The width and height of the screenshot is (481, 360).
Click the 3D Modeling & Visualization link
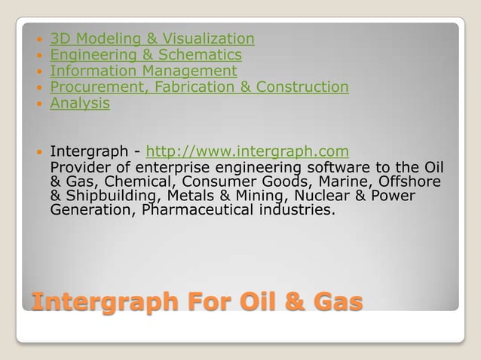click(152, 38)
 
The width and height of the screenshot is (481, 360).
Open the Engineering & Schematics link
click(146, 55)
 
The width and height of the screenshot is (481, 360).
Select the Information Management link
click(143, 71)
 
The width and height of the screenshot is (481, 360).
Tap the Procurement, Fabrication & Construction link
click(199, 87)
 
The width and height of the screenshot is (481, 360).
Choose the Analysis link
click(80, 103)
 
